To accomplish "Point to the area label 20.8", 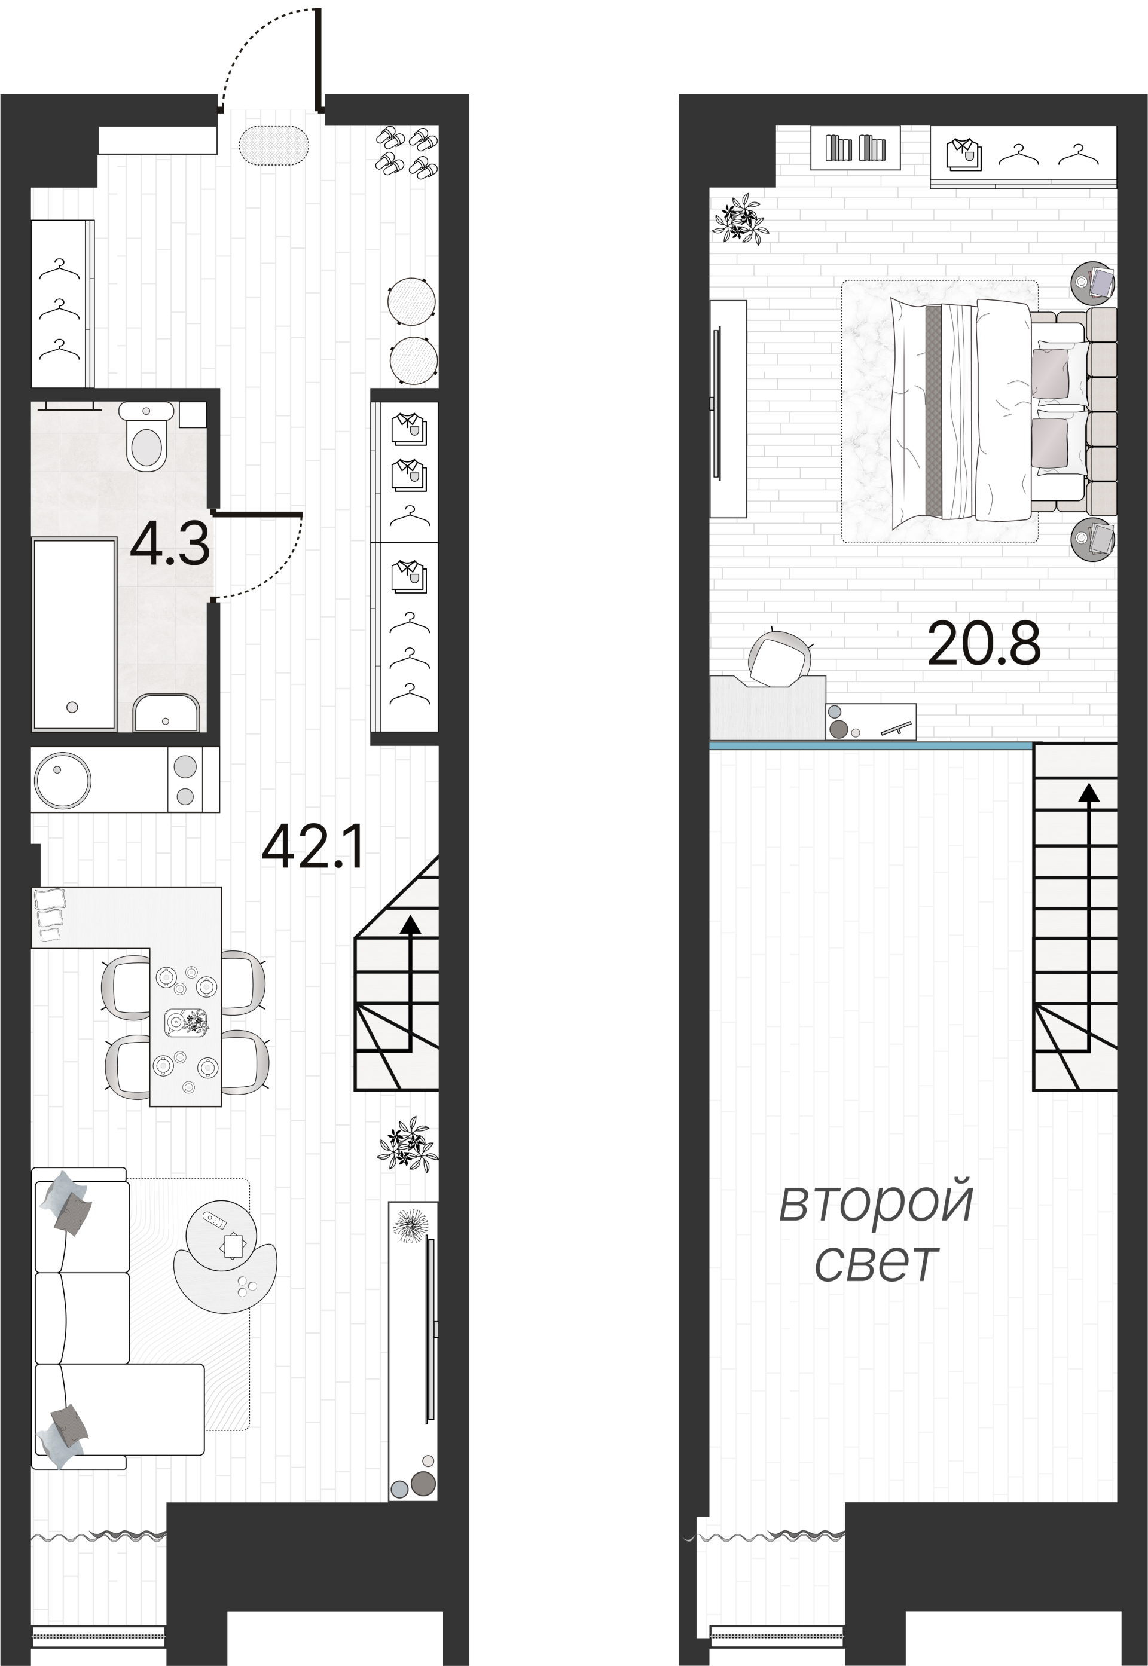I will tap(984, 644).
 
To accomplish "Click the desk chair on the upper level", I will tap(778, 659).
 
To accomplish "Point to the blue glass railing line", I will tap(871, 745).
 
